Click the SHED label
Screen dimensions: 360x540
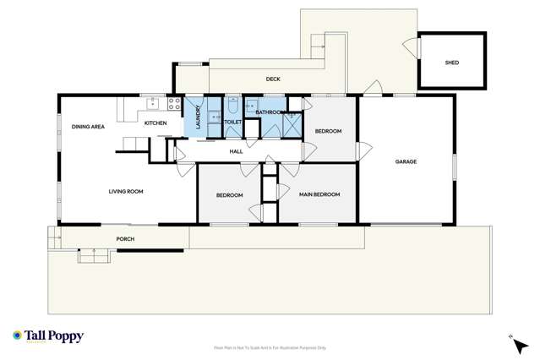pos(452,63)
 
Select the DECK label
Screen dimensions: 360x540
pos(273,79)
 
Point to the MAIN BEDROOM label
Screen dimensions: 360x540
pos(319,195)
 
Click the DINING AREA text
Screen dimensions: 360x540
pos(88,127)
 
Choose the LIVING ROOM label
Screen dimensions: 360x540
pos(126,192)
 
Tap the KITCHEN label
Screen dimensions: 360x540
pos(155,124)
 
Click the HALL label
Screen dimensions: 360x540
pos(237,150)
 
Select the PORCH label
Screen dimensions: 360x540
pos(125,239)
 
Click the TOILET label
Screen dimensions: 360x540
pos(233,123)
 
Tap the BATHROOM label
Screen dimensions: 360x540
pos(268,112)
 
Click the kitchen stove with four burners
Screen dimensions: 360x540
pos(173,105)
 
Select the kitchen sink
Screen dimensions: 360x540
pos(153,105)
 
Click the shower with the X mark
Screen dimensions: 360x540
pos(292,124)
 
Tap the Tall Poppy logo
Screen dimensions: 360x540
pos(48,336)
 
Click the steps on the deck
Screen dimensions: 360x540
pos(319,42)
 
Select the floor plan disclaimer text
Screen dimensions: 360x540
pos(270,347)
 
